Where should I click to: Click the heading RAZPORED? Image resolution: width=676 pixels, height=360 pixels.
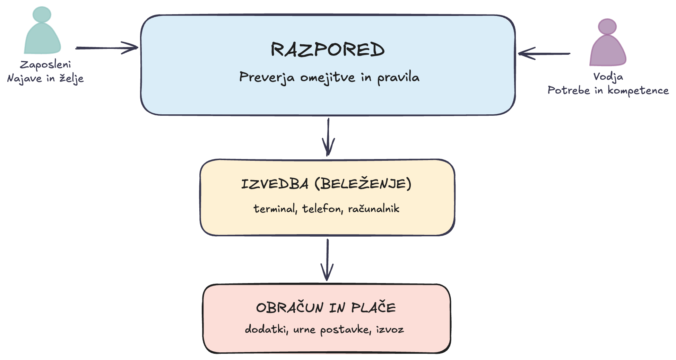[328, 50]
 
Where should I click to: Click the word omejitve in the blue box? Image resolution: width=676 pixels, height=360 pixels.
[328, 78]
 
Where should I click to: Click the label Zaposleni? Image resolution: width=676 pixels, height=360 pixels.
[45, 65]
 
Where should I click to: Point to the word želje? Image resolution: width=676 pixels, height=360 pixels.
[72, 78]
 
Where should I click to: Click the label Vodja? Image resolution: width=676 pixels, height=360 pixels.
[608, 77]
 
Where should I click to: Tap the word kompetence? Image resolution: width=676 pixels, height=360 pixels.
[638, 91]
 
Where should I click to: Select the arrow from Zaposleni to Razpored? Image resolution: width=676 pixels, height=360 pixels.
[107, 48]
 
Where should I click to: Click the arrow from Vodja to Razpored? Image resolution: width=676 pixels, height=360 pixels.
[544, 54]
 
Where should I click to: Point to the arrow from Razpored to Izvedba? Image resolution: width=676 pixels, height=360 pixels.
[328, 137]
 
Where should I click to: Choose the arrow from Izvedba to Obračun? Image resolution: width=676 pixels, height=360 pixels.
[327, 260]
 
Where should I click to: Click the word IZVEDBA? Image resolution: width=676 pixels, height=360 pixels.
[275, 184]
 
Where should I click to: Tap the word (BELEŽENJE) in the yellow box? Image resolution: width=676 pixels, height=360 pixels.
[363, 183]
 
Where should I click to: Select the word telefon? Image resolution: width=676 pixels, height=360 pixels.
[323, 209]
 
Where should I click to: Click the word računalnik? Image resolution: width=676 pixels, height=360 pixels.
[374, 209]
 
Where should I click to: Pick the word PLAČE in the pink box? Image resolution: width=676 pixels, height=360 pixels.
[373, 308]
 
